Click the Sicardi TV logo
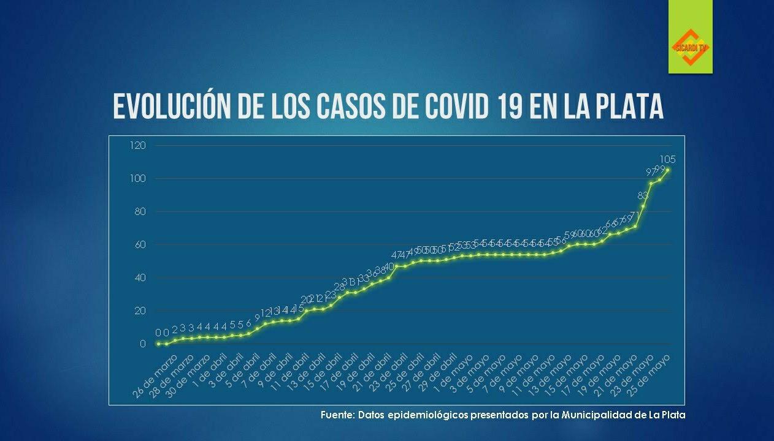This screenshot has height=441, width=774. (x=691, y=47)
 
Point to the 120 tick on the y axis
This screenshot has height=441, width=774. (x=138, y=145)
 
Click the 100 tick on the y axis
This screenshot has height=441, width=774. (x=138, y=178)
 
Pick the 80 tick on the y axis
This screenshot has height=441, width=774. (x=139, y=211)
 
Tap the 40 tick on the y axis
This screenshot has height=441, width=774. (x=139, y=277)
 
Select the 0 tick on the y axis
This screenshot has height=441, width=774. (x=142, y=344)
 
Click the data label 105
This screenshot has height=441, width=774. (x=667, y=159)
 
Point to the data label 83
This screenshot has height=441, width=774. (x=643, y=195)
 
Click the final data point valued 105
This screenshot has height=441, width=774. (x=667, y=170)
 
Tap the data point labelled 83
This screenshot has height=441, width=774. (x=643, y=206)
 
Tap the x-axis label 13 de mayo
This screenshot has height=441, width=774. (x=551, y=375)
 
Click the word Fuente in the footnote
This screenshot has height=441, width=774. (x=337, y=415)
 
